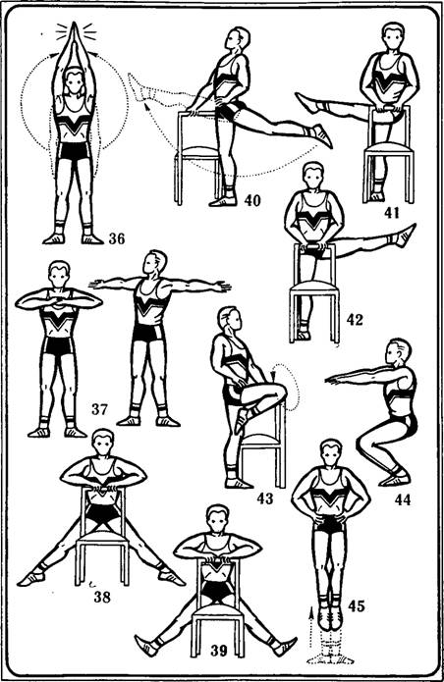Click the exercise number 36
pyautogui.click(x=117, y=238)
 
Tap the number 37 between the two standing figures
pyautogui.click(x=99, y=409)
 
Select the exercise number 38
pyautogui.click(x=102, y=598)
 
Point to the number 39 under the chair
pyautogui.click(x=219, y=651)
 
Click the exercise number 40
pyautogui.click(x=252, y=200)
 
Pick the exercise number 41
pyautogui.click(x=392, y=213)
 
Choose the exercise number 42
pyautogui.click(x=355, y=320)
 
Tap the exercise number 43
pyautogui.click(x=264, y=498)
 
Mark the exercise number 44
pyautogui.click(x=403, y=499)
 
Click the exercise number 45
pyautogui.click(x=356, y=605)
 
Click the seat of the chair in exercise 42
pyautogui.click(x=314, y=288)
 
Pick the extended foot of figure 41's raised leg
pyautogui.click(x=306, y=103)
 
